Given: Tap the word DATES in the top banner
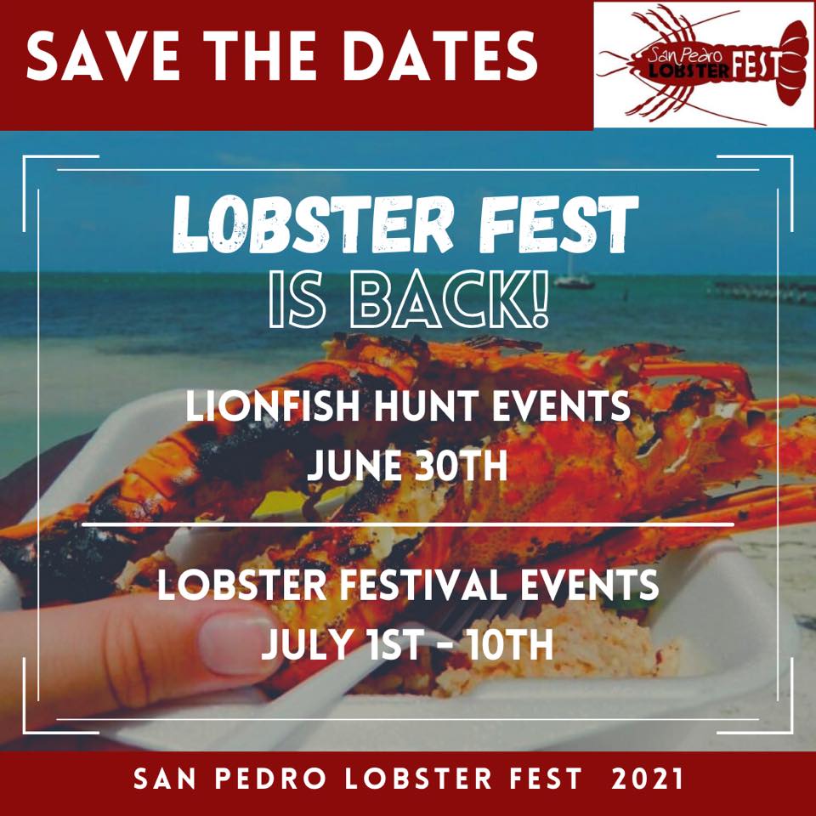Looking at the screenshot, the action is pyautogui.click(x=440, y=55).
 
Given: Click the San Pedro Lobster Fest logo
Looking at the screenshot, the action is pyautogui.click(x=704, y=65).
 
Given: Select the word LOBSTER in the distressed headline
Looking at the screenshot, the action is pyautogui.click(x=313, y=224).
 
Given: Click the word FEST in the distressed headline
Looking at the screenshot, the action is pyautogui.click(x=558, y=224).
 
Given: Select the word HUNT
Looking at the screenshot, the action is pyautogui.click(x=426, y=406).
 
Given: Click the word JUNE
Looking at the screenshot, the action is pyautogui.click(x=354, y=465).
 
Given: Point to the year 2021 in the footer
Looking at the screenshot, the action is pyautogui.click(x=647, y=779).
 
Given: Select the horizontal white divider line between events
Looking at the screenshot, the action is pyautogui.click(x=408, y=524).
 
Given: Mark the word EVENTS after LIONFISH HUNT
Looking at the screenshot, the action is pyautogui.click(x=561, y=406).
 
